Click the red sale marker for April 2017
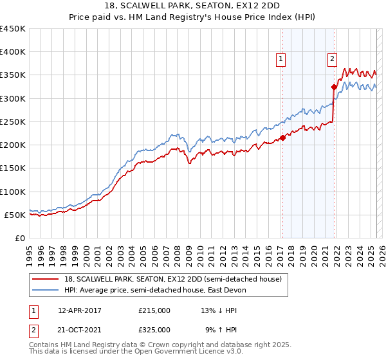pyautogui.click(x=282, y=138)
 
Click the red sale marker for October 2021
pyautogui.click(x=334, y=87)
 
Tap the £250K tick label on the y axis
pyautogui.click(x=13, y=122)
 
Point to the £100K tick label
pyautogui.click(x=13, y=192)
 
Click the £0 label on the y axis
pyautogui.click(x=20, y=238)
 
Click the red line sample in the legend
pyautogui.click(x=46, y=280)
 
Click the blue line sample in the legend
pyautogui.click(x=46, y=291)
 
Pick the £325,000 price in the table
pyautogui.click(x=154, y=330)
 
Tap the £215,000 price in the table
pyautogui.click(x=154, y=310)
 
